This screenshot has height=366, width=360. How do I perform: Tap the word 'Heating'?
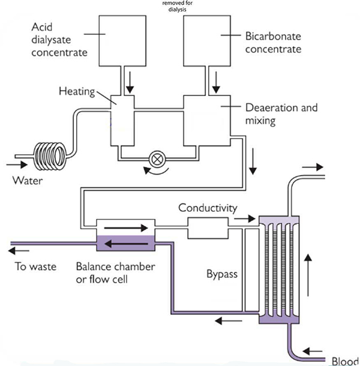(77, 91)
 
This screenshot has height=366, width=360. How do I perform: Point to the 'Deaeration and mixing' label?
(281, 115)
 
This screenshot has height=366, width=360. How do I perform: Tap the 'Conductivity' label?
(208, 208)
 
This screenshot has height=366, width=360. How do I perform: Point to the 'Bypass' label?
(223, 275)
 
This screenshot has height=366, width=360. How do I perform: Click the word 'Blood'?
(344, 361)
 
